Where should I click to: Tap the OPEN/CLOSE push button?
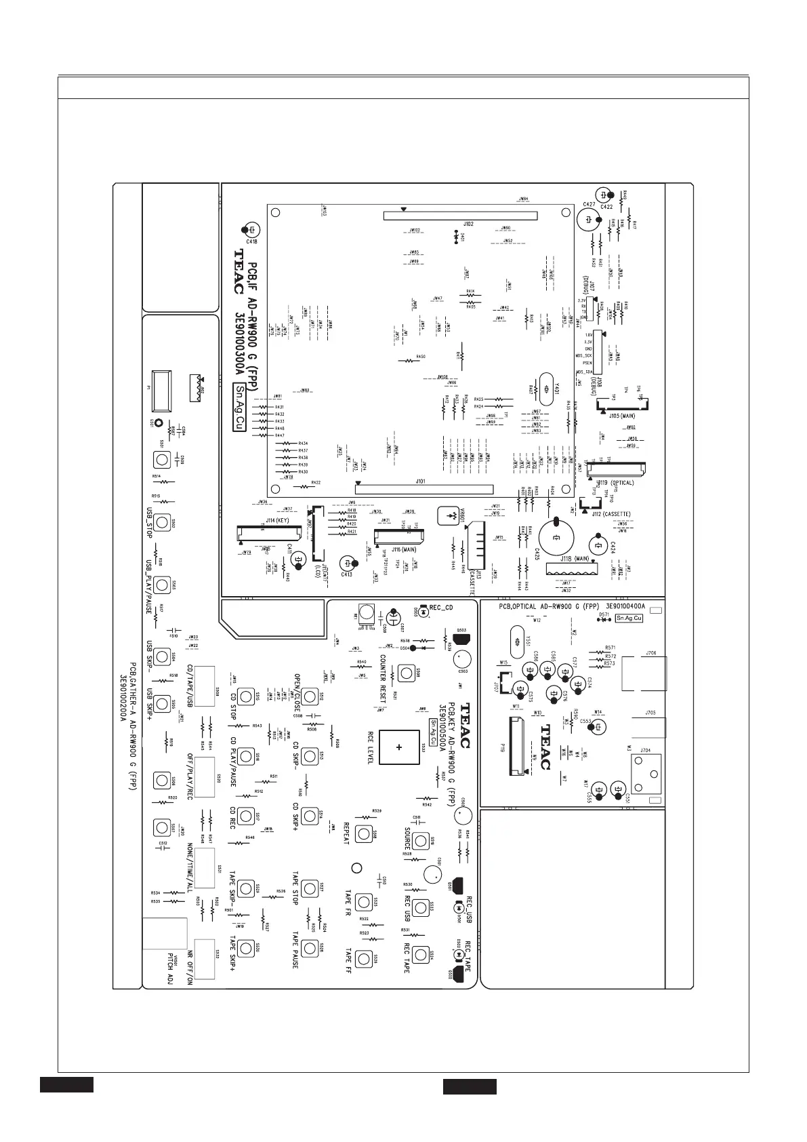tap(310, 696)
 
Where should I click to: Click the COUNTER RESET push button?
tap(406, 673)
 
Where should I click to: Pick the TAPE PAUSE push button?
tap(310, 947)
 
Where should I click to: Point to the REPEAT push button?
tap(365, 833)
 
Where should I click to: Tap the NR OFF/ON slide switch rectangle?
tap(204, 959)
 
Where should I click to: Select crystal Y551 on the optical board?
tap(517, 641)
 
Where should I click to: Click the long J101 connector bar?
tap(424, 487)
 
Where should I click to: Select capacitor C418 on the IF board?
tap(251, 230)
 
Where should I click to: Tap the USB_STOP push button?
tap(161, 522)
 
